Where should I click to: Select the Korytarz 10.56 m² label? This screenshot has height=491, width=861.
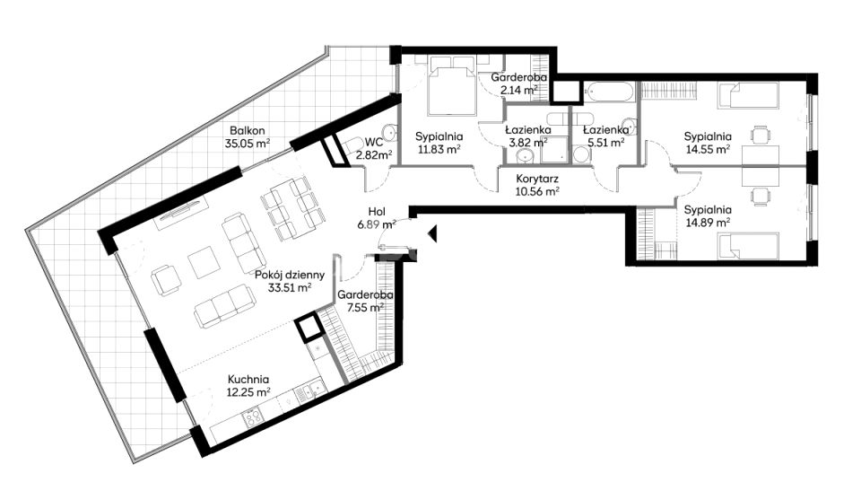[x=538, y=184]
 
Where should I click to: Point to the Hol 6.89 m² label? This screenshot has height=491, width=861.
[x=376, y=219]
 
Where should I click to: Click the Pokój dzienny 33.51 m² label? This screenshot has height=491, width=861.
[x=283, y=281]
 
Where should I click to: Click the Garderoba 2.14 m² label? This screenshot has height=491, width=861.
[x=514, y=83]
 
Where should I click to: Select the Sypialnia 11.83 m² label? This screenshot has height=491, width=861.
[x=439, y=143]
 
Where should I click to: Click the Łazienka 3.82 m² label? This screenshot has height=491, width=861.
[x=527, y=136]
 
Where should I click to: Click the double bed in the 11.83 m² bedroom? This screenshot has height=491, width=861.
[x=451, y=88]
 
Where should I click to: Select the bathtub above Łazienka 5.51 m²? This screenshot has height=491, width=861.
[x=611, y=92]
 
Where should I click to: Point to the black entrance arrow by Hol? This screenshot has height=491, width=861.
[x=431, y=235]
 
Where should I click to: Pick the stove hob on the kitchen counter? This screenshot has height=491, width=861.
[x=252, y=416]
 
